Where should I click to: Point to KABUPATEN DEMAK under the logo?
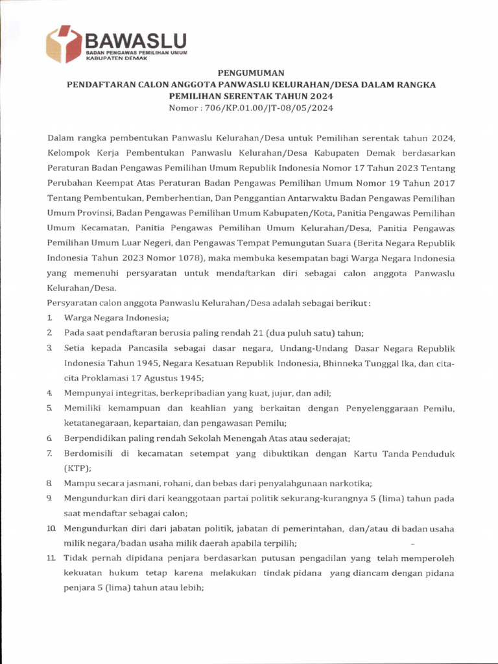[x=117, y=58]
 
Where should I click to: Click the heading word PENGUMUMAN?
[x=249, y=73]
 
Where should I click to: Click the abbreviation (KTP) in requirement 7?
[x=77, y=468]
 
